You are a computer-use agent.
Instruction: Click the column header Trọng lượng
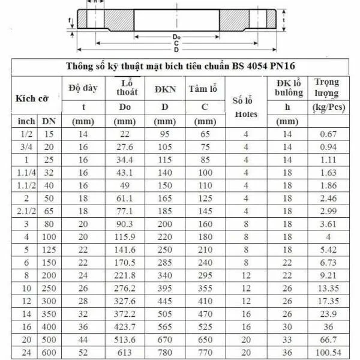click(x=326, y=88)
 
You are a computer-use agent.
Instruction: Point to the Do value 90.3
click(x=125, y=224)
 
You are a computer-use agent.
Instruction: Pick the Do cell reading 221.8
click(x=125, y=275)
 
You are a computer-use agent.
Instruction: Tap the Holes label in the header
click(x=246, y=114)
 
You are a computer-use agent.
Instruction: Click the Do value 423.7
click(x=125, y=326)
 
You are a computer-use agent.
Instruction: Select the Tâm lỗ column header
click(x=202, y=89)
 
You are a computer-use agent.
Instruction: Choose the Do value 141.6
click(x=125, y=250)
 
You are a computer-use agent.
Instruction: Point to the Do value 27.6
click(x=125, y=147)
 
